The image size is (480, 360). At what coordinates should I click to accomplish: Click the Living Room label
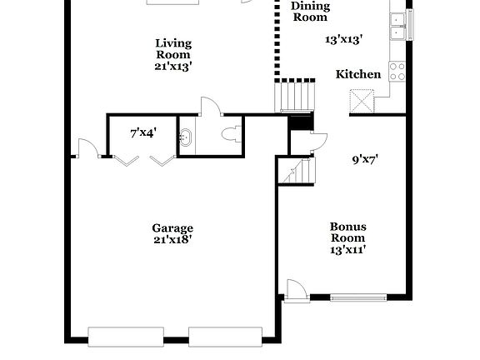click(x=173, y=49)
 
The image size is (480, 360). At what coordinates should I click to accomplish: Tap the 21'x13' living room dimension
click(x=173, y=66)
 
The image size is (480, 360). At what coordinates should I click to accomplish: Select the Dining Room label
click(x=310, y=12)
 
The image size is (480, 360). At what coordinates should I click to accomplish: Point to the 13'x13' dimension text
click(x=342, y=38)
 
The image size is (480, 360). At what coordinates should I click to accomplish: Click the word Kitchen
click(x=358, y=74)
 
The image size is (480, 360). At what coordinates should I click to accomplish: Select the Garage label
click(x=172, y=227)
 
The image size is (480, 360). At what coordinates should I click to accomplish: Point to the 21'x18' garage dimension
click(x=172, y=240)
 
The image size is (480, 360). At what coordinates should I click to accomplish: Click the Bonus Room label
click(x=348, y=232)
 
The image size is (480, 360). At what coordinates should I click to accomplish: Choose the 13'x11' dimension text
click(x=348, y=248)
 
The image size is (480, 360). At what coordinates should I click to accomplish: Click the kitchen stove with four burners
click(x=397, y=72)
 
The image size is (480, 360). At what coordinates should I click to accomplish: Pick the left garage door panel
click(x=125, y=337)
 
